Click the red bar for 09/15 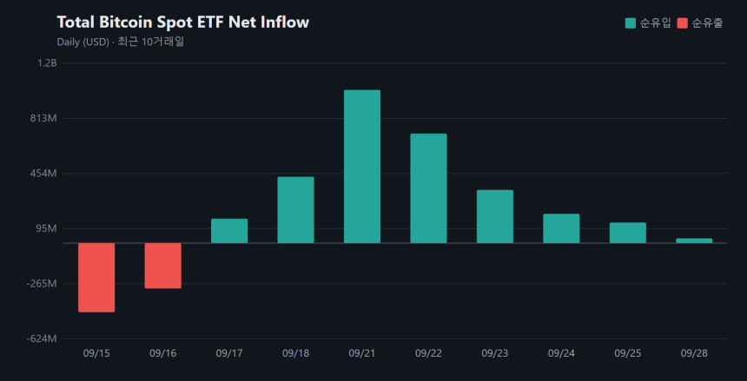[96, 278]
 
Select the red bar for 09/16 [163, 266]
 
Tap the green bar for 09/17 [229, 231]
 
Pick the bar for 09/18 [296, 210]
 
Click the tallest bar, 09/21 [362, 167]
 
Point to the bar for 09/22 [429, 188]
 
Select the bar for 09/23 [495, 217]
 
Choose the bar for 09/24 [562, 228]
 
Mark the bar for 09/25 [628, 233]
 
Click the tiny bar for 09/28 [694, 241]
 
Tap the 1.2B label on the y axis [47, 62]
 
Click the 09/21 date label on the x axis [362, 353]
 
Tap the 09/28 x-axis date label [694, 353]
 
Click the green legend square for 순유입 [631, 23]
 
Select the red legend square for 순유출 [683, 23]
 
